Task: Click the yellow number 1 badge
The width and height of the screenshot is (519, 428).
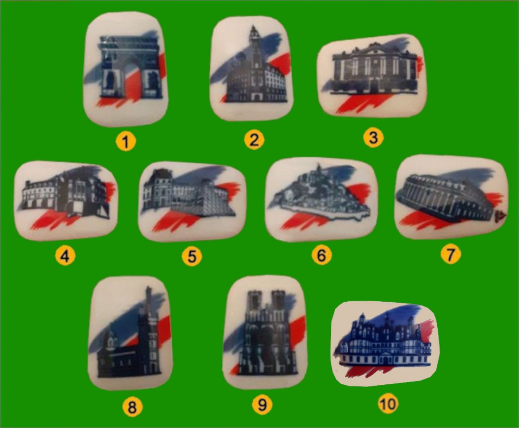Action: point(126,142)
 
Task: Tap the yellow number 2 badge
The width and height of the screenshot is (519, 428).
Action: point(254,140)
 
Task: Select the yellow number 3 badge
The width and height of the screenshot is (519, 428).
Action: point(373,137)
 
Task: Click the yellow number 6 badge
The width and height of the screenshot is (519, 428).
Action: point(322,255)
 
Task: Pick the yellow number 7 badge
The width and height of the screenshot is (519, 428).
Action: point(451,254)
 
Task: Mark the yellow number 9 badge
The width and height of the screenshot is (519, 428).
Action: point(262,406)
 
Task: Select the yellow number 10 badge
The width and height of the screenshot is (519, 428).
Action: point(388,404)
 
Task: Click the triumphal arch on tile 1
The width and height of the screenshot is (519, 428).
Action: point(130,67)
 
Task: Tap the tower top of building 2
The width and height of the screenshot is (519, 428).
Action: point(254,34)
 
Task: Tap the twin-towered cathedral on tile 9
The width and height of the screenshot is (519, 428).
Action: point(267,332)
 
